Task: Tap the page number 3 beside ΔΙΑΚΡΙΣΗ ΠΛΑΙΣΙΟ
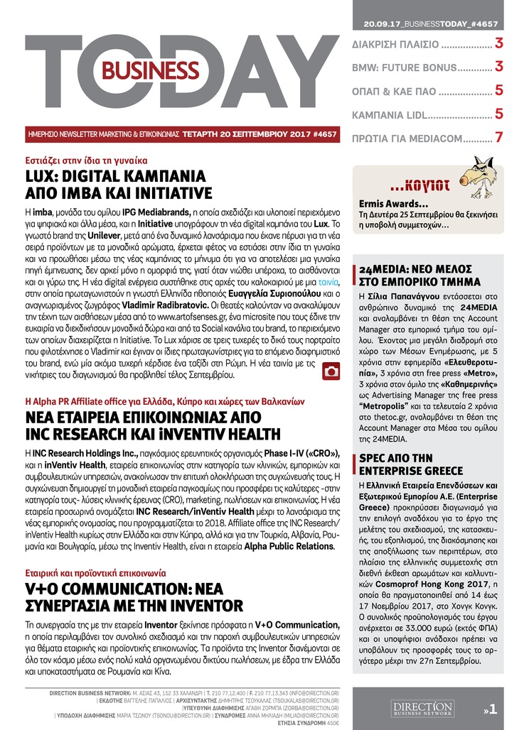(499, 44)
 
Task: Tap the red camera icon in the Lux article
(331, 371)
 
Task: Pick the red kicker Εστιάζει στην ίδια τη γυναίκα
(85, 159)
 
